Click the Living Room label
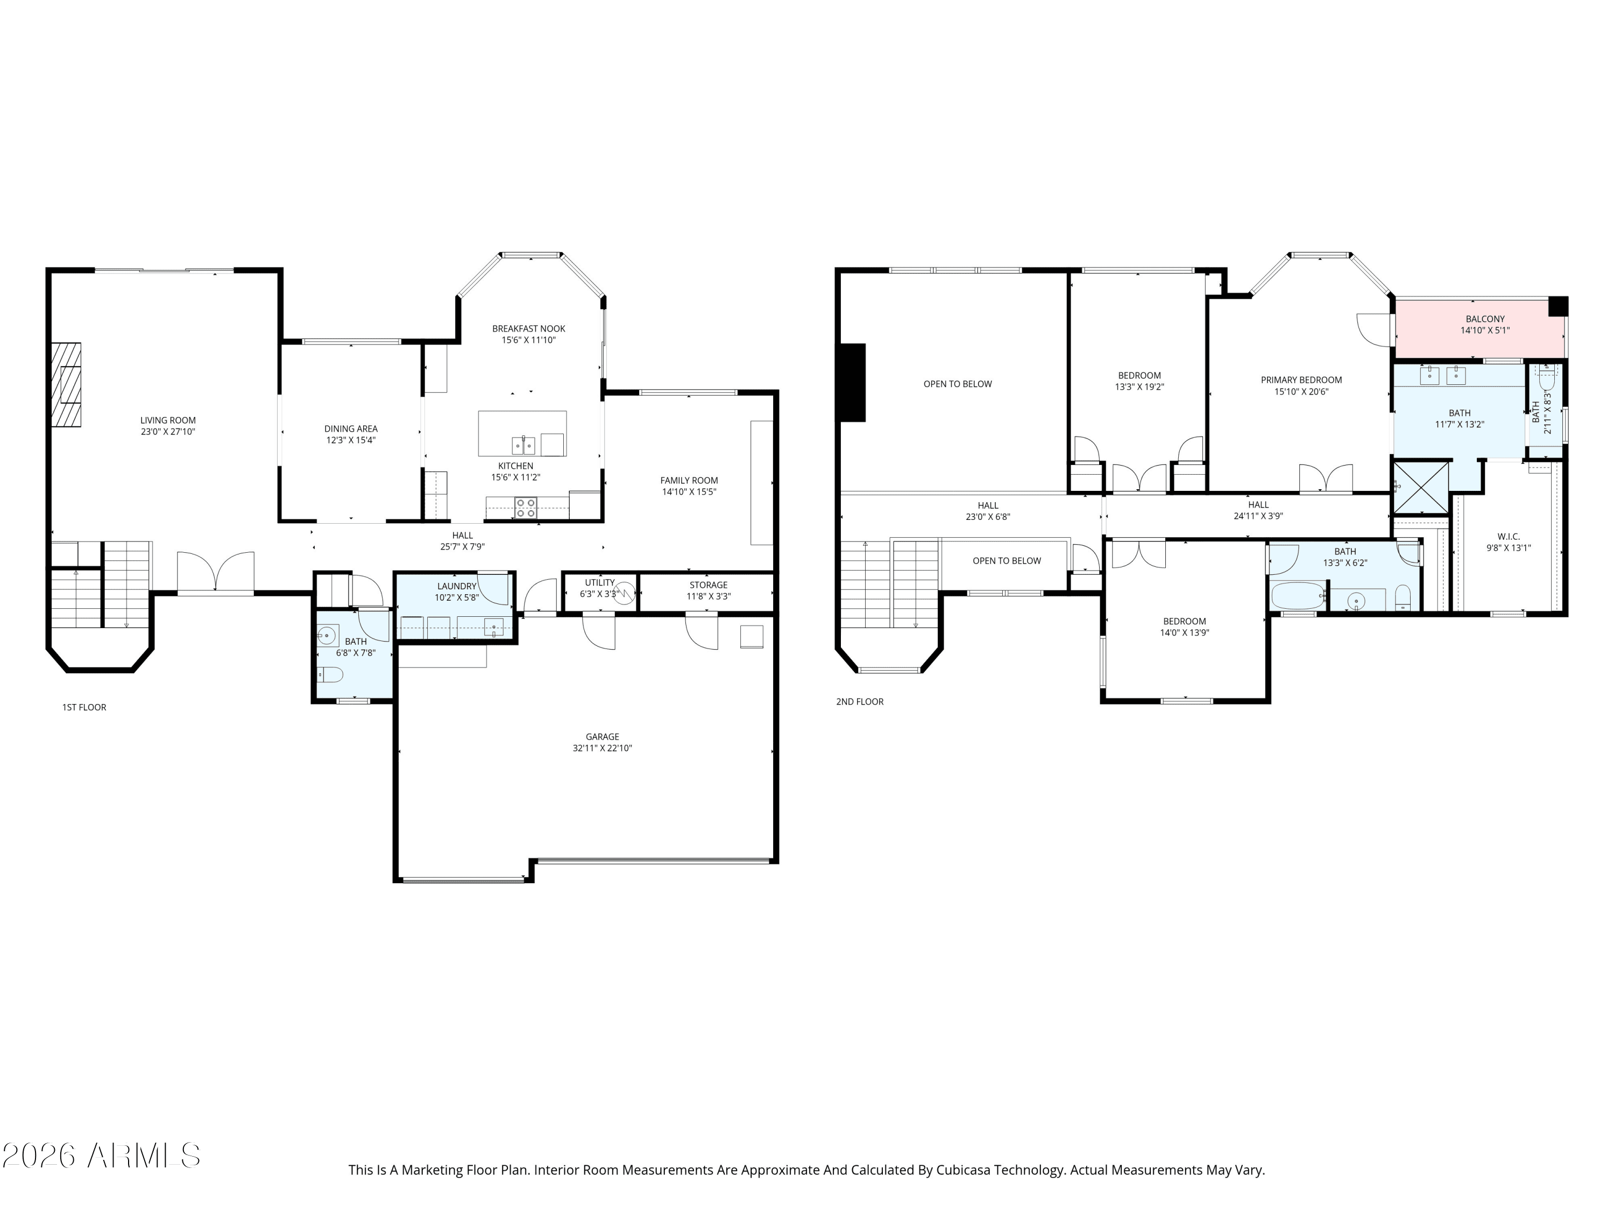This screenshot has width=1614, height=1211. pyautogui.click(x=168, y=420)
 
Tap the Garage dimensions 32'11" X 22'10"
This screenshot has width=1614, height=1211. pyautogui.click(x=602, y=748)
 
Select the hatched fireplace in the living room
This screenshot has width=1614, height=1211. pyautogui.click(x=66, y=385)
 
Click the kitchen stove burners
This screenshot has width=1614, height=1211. pyautogui.click(x=525, y=508)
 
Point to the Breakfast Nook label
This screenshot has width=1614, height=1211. pyautogui.click(x=528, y=328)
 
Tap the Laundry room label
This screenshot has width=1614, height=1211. pyautogui.click(x=457, y=586)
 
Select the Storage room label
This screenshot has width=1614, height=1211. pyautogui.click(x=709, y=585)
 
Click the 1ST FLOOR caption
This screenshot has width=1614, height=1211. pyautogui.click(x=84, y=707)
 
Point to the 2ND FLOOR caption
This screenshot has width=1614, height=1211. pyautogui.click(x=860, y=701)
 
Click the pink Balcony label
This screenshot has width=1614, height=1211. pyautogui.click(x=1485, y=319)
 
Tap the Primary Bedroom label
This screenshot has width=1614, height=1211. pyautogui.click(x=1301, y=379)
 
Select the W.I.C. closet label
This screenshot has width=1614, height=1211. pyautogui.click(x=1508, y=537)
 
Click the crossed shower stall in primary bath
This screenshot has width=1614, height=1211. pyautogui.click(x=1421, y=488)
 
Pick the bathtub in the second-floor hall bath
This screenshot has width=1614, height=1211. pyautogui.click(x=1298, y=596)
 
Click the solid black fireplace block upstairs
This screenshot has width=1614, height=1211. pyautogui.click(x=852, y=383)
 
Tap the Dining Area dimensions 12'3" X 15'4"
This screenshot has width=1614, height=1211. pyautogui.click(x=350, y=440)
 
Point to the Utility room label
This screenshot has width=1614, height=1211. pyautogui.click(x=600, y=582)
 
